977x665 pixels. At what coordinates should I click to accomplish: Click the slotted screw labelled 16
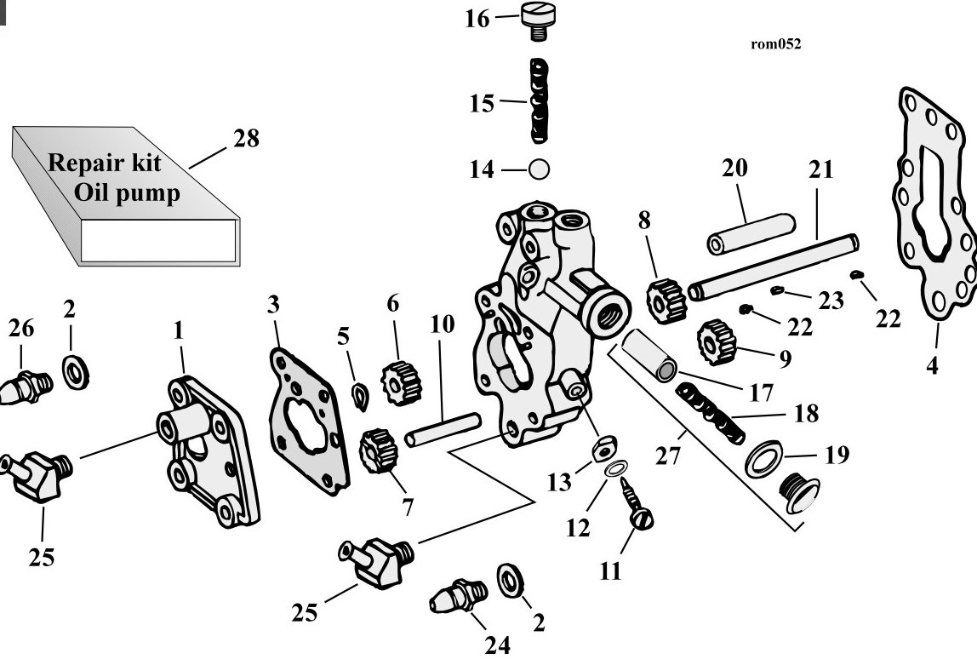click(x=538, y=21)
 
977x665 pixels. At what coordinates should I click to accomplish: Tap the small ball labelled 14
click(x=539, y=169)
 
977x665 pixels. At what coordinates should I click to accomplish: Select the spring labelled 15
click(x=539, y=101)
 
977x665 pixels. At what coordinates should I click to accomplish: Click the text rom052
click(x=776, y=43)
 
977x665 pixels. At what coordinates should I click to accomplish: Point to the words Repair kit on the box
click(x=105, y=163)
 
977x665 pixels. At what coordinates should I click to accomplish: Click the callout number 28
click(x=246, y=138)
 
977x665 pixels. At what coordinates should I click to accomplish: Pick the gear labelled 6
click(x=402, y=382)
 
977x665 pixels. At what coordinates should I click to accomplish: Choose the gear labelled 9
click(x=717, y=341)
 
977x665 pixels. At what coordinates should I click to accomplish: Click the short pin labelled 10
click(x=443, y=429)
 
